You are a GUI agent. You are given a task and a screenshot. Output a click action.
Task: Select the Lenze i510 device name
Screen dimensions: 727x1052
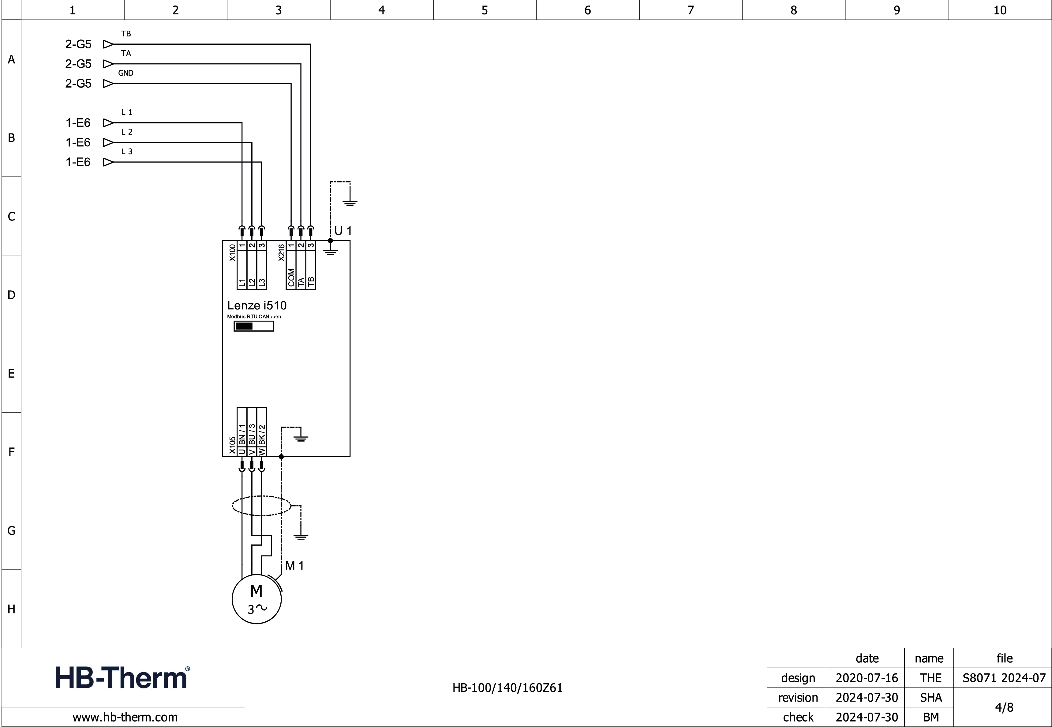click(x=257, y=305)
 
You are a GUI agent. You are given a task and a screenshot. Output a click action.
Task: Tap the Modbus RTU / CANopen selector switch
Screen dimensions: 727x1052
click(x=253, y=326)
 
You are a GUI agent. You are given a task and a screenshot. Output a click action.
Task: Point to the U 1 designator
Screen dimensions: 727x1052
click(x=343, y=231)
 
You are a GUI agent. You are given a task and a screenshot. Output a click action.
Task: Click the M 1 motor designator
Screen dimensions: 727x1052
click(x=294, y=566)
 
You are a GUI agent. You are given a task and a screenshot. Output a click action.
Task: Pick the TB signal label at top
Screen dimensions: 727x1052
click(x=126, y=34)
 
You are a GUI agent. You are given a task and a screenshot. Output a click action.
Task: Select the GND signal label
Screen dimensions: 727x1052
click(x=125, y=73)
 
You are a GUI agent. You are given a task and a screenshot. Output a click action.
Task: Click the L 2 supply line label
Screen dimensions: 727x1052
click(x=126, y=132)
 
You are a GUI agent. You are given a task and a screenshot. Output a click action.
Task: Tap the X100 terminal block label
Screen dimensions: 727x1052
click(x=232, y=253)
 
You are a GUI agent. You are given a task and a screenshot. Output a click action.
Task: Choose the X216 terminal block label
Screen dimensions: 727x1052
click(x=281, y=253)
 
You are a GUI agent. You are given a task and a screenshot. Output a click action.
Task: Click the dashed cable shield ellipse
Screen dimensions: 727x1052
click(x=261, y=506)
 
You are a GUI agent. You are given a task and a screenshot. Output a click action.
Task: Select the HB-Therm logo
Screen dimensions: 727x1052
click(x=122, y=677)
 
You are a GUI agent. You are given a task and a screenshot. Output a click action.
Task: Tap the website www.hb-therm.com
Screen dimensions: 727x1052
click(x=125, y=718)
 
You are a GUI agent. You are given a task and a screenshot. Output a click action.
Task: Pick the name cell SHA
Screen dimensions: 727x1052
click(x=930, y=697)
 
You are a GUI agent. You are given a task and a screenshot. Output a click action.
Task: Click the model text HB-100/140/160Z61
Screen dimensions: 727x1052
click(x=507, y=688)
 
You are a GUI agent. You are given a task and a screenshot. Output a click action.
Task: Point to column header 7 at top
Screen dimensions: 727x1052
click(x=691, y=10)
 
